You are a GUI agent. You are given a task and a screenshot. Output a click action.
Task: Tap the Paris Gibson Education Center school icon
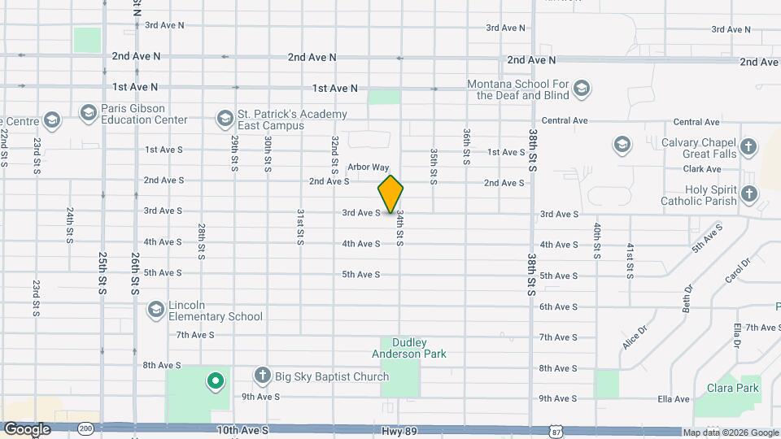88,111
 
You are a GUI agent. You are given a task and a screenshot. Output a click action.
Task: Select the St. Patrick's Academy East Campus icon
224,120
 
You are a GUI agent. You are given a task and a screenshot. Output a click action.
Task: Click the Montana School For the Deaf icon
581,88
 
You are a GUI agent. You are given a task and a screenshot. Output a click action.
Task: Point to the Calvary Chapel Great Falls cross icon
748,147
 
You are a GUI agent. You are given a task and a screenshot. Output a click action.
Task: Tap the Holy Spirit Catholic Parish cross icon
748,193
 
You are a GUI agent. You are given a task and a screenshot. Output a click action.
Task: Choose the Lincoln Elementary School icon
155,310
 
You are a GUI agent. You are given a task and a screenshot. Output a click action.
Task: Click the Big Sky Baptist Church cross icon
262,376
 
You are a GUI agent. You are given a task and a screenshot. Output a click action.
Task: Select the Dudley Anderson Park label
409,348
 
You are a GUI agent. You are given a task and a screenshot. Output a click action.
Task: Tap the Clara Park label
732,388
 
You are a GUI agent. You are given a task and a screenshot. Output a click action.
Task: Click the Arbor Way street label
369,167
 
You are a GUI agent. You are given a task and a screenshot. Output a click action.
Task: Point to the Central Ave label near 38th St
565,120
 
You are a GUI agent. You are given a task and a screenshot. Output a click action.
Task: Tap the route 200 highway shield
85,428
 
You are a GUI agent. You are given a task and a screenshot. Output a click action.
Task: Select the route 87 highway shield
554,428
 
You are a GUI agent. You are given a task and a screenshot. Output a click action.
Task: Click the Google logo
27,428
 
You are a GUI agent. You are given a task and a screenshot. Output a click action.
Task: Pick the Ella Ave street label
675,399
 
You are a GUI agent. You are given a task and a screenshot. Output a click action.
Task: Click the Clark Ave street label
703,169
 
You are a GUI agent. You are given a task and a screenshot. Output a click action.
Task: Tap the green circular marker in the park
215,380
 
